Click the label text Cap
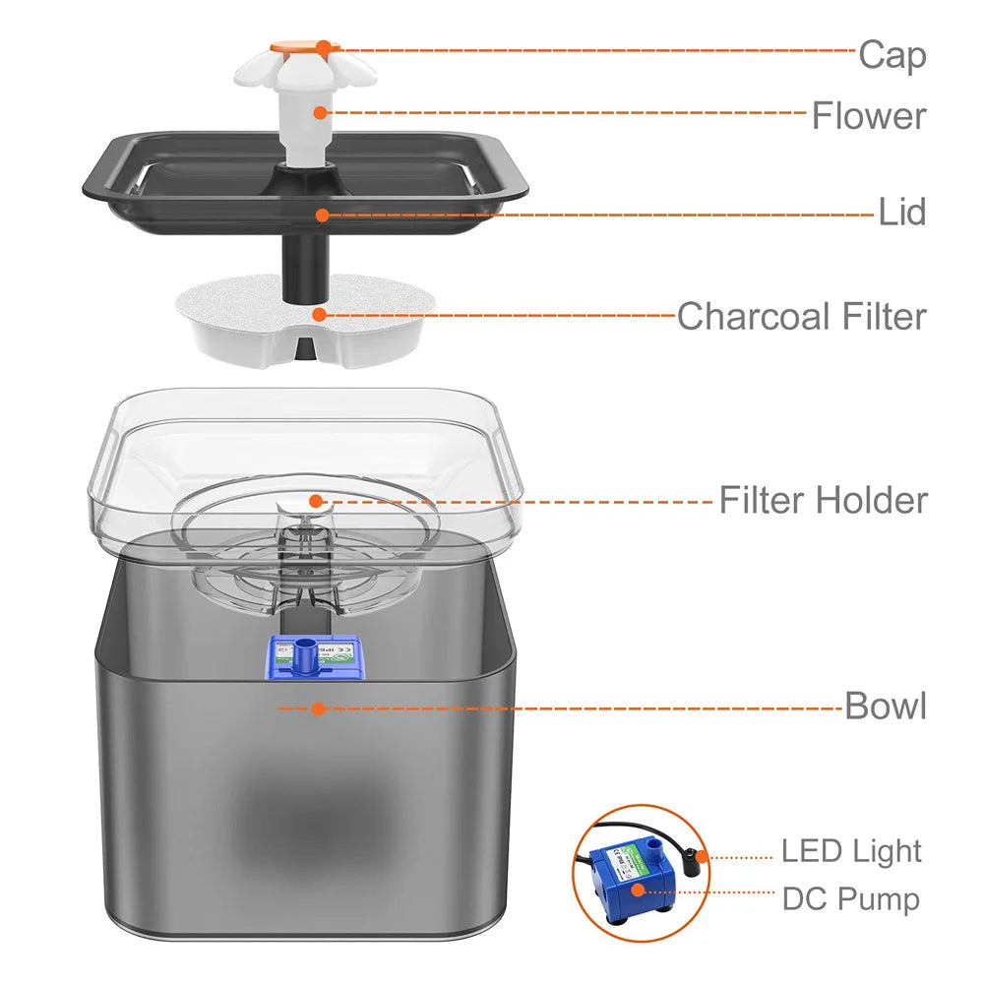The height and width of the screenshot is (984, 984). (892, 54)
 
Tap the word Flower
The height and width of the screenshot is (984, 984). (868, 116)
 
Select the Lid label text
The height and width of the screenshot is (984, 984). (902, 212)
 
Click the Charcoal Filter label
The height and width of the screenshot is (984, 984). (801, 317)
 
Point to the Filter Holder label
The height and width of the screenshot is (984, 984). (823, 500)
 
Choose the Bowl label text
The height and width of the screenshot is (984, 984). (886, 706)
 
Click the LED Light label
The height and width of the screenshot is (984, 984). (851, 850)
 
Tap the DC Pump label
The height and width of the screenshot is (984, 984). (851, 898)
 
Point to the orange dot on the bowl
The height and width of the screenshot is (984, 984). (318, 707)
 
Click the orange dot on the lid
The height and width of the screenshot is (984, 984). (320, 214)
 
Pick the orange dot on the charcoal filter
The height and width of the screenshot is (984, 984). (319, 314)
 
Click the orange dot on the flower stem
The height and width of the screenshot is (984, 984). (319, 112)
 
